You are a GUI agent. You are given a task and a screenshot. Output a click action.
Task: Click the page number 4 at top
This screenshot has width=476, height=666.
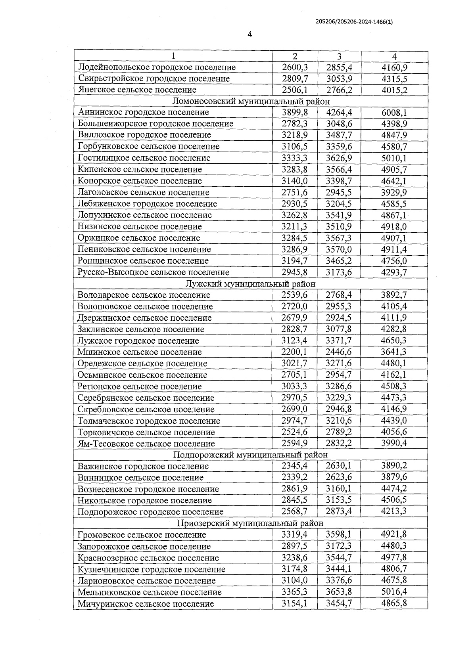(x=250, y=34)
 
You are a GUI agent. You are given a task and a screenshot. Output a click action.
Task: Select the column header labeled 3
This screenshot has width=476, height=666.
(x=339, y=56)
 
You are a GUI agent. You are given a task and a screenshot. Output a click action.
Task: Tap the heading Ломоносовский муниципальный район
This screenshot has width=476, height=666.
(x=251, y=101)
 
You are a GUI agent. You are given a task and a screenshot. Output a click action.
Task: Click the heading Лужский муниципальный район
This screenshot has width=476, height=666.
(x=251, y=284)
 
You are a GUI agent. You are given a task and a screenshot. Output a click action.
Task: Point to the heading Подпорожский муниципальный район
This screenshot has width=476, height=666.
(x=251, y=455)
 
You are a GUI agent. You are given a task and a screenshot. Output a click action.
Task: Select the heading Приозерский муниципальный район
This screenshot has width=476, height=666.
(x=251, y=523)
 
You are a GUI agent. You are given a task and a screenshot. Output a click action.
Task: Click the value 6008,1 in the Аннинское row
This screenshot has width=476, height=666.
(x=394, y=113)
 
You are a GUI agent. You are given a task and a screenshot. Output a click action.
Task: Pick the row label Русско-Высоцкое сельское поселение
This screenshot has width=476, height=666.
(x=154, y=272)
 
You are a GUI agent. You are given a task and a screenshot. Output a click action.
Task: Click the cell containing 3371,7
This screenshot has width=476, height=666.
(x=339, y=341)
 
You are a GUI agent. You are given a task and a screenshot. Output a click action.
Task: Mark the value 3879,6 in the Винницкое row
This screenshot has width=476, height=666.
(x=394, y=477)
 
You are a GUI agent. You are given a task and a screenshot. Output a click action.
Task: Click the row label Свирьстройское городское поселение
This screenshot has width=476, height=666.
(x=154, y=78)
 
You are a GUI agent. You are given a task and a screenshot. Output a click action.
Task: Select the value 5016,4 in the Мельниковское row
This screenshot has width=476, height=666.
(x=394, y=592)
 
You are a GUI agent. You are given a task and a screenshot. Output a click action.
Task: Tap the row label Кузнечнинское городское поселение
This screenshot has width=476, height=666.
(x=152, y=569)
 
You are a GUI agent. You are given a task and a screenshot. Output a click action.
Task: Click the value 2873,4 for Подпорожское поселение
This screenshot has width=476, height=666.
(x=339, y=511)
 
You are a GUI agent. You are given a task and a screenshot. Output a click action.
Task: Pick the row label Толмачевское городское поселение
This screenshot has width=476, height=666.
(x=149, y=421)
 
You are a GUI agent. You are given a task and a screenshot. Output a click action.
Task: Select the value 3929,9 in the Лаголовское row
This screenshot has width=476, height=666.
(x=394, y=193)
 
